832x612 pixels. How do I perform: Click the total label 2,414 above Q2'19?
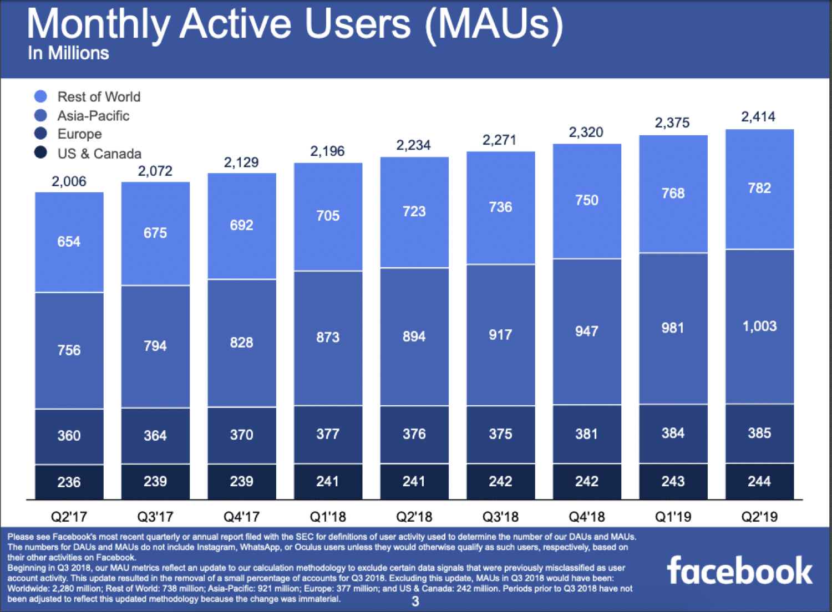[758, 117]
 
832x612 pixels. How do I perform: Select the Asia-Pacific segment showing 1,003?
[759, 326]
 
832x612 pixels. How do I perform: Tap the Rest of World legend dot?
[40, 96]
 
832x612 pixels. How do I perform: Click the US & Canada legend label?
[99, 154]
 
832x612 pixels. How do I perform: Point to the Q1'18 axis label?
[328, 517]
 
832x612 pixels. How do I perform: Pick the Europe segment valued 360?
[69, 436]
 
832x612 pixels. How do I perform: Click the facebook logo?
[739, 571]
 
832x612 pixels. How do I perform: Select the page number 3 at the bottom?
[415, 601]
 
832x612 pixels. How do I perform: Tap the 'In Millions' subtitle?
[68, 53]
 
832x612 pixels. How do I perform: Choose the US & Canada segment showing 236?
[69, 482]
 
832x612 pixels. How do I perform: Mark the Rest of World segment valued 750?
[587, 201]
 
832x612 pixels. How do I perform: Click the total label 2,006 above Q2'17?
[69, 181]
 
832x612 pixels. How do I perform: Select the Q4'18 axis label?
[587, 517]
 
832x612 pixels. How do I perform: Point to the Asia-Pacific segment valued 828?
[242, 343]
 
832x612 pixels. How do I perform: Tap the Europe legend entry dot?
[40, 134]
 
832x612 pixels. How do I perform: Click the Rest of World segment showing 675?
[155, 233]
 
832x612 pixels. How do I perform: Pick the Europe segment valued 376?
[414, 434]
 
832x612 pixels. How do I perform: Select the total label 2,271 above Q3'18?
[500, 140]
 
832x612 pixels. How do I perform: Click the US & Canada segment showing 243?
[673, 481]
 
